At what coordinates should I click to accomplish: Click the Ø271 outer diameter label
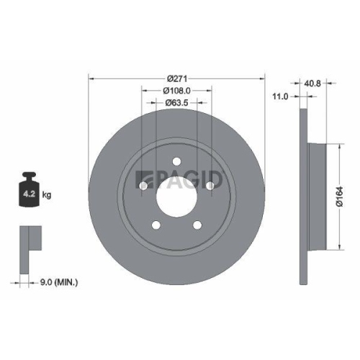[x=176, y=78]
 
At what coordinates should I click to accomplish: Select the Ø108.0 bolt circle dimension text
[x=176, y=91]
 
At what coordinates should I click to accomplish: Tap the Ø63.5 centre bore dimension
[x=176, y=103]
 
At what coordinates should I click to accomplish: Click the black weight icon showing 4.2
[x=30, y=189]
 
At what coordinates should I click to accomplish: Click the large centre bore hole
[x=176, y=195]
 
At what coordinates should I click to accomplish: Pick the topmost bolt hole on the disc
[x=176, y=161]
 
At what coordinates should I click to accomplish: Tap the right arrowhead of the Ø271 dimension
[x=263, y=78]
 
